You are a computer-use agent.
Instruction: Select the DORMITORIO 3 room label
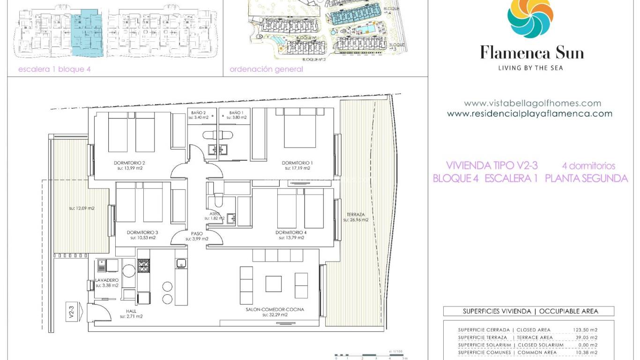click(x=142, y=232)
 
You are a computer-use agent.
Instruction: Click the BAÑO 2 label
click(x=199, y=113)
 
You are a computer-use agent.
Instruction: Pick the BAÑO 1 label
click(x=236, y=113)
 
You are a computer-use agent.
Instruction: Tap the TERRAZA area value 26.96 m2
click(x=355, y=219)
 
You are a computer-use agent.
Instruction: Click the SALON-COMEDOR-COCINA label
click(x=275, y=309)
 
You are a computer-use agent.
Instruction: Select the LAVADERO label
click(x=107, y=280)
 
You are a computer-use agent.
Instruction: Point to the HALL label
click(x=131, y=311)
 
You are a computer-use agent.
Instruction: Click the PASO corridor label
click(x=197, y=233)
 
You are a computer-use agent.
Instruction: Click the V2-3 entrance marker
click(x=72, y=313)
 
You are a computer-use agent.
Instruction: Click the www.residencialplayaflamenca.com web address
click(x=529, y=114)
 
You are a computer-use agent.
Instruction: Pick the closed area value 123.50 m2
click(x=585, y=330)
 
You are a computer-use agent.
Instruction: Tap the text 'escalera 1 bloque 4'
click(x=54, y=69)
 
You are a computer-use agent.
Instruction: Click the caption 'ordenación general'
click(x=266, y=69)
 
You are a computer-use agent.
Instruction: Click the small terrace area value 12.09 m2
click(x=82, y=208)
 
